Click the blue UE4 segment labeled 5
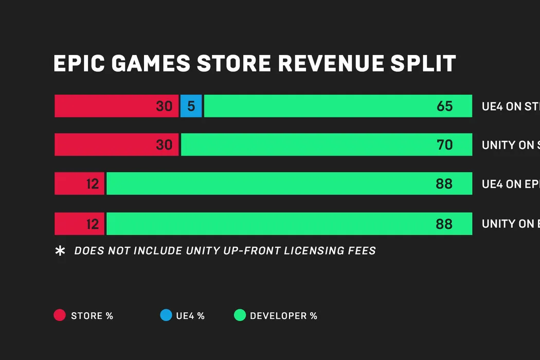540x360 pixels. [191, 106]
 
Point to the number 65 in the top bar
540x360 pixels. [444, 106]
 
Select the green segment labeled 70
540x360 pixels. [326, 145]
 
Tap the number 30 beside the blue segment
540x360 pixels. [164, 106]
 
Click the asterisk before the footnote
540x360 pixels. [60, 251]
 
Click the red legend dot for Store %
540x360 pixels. [60, 315]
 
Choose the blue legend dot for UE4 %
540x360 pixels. [166, 315]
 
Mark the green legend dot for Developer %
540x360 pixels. [240, 315]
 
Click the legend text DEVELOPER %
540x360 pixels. [283, 316]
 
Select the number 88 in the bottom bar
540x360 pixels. [444, 224]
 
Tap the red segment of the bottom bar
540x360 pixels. [79, 224]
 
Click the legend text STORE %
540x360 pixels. [92, 316]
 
